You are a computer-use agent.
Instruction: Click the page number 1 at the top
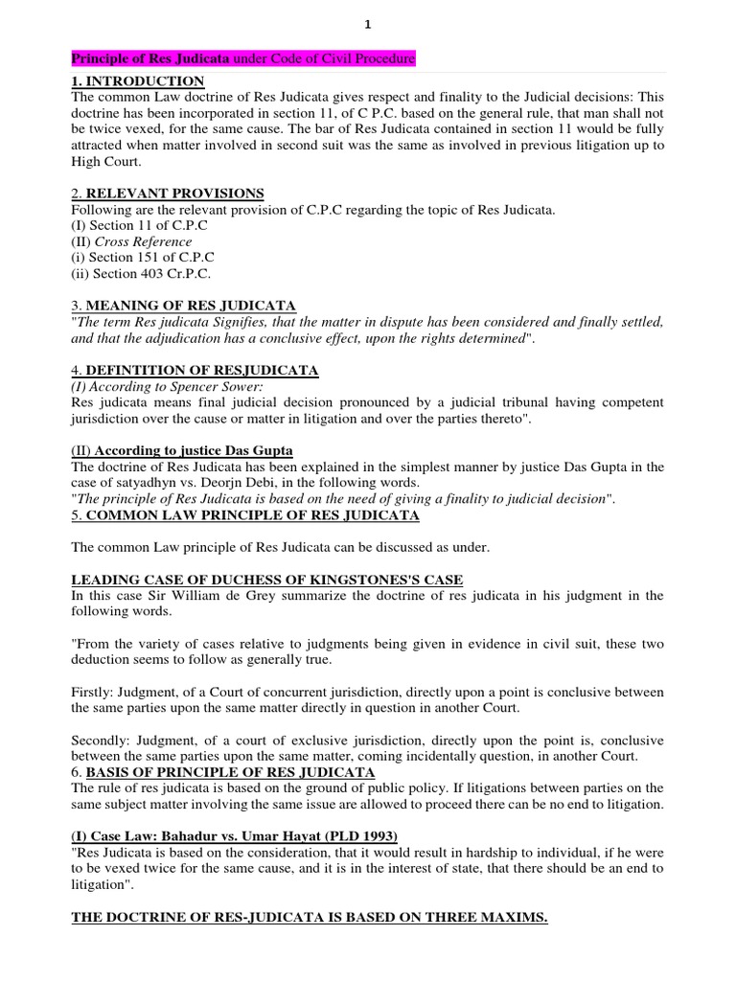coord(368,26)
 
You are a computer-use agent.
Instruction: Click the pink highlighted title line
coord(244,59)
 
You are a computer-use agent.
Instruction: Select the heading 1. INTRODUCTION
coord(139,81)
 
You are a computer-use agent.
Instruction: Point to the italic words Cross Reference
coord(143,241)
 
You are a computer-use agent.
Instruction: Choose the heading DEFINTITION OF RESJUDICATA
coord(201,370)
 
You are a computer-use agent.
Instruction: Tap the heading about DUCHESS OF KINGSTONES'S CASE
coord(267,580)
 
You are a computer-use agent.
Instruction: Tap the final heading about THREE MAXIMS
coord(310,918)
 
